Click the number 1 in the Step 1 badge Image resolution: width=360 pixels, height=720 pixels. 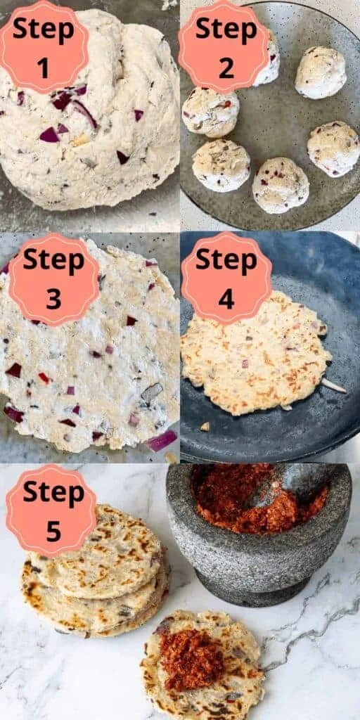click(43, 67)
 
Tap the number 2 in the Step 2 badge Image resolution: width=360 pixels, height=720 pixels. click(226, 67)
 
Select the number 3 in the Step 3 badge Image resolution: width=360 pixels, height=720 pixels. click(53, 299)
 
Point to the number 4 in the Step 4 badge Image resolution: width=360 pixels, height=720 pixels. click(226, 299)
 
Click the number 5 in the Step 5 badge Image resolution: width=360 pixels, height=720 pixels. click(53, 530)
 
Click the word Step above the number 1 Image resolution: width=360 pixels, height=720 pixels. click(43, 30)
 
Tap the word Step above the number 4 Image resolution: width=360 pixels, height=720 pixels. click(226, 262)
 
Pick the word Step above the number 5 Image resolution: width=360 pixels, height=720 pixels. click(53, 493)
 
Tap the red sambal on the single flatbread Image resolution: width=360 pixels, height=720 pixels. click(192, 659)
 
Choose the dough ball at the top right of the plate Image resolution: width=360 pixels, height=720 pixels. click(321, 72)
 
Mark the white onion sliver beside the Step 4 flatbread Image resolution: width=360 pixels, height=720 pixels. click(334, 386)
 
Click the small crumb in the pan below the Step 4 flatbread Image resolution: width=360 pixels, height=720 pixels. click(205, 427)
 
